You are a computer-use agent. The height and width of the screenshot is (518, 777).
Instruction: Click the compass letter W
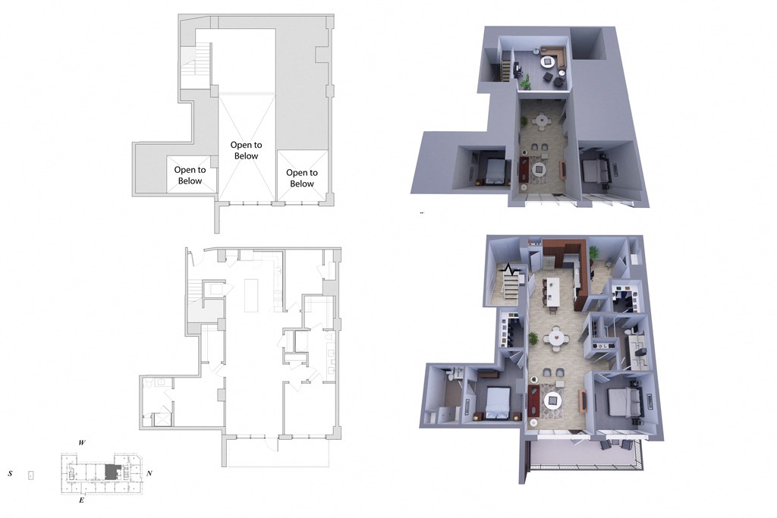81,441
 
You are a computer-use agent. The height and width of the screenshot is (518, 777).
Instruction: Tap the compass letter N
149,473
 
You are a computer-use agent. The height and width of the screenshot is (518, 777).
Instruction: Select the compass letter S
11,473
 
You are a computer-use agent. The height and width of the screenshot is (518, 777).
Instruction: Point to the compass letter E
81,501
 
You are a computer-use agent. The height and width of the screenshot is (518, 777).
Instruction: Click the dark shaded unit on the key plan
112,472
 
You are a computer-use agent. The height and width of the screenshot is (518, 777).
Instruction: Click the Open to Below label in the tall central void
245,150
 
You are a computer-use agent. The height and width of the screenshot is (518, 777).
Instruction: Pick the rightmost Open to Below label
301,178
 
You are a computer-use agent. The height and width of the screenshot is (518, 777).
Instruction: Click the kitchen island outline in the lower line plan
250,294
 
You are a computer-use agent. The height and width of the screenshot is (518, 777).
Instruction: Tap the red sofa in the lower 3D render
533,399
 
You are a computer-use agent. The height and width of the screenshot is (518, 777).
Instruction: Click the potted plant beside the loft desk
525,81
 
